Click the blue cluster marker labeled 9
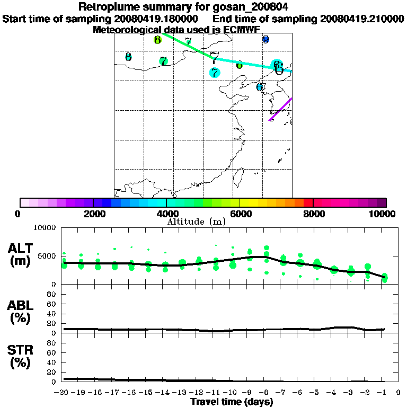266,39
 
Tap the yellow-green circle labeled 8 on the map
157,40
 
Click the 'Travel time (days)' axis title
232,402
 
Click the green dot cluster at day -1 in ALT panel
384,277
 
